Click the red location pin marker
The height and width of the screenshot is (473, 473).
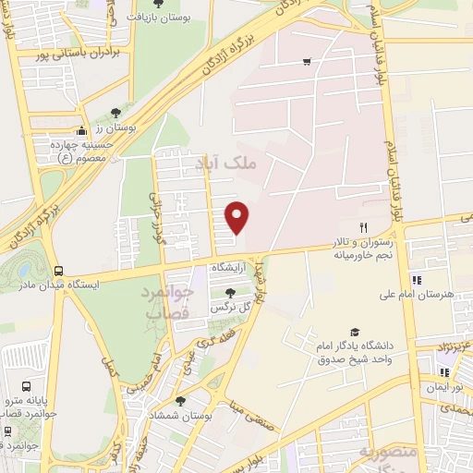[237, 217]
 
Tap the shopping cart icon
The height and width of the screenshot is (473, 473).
[306, 62]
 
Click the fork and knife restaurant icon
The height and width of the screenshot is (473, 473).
[363, 226]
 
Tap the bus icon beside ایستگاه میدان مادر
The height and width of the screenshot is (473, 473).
[59, 272]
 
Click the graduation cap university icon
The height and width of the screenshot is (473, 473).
[355, 332]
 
